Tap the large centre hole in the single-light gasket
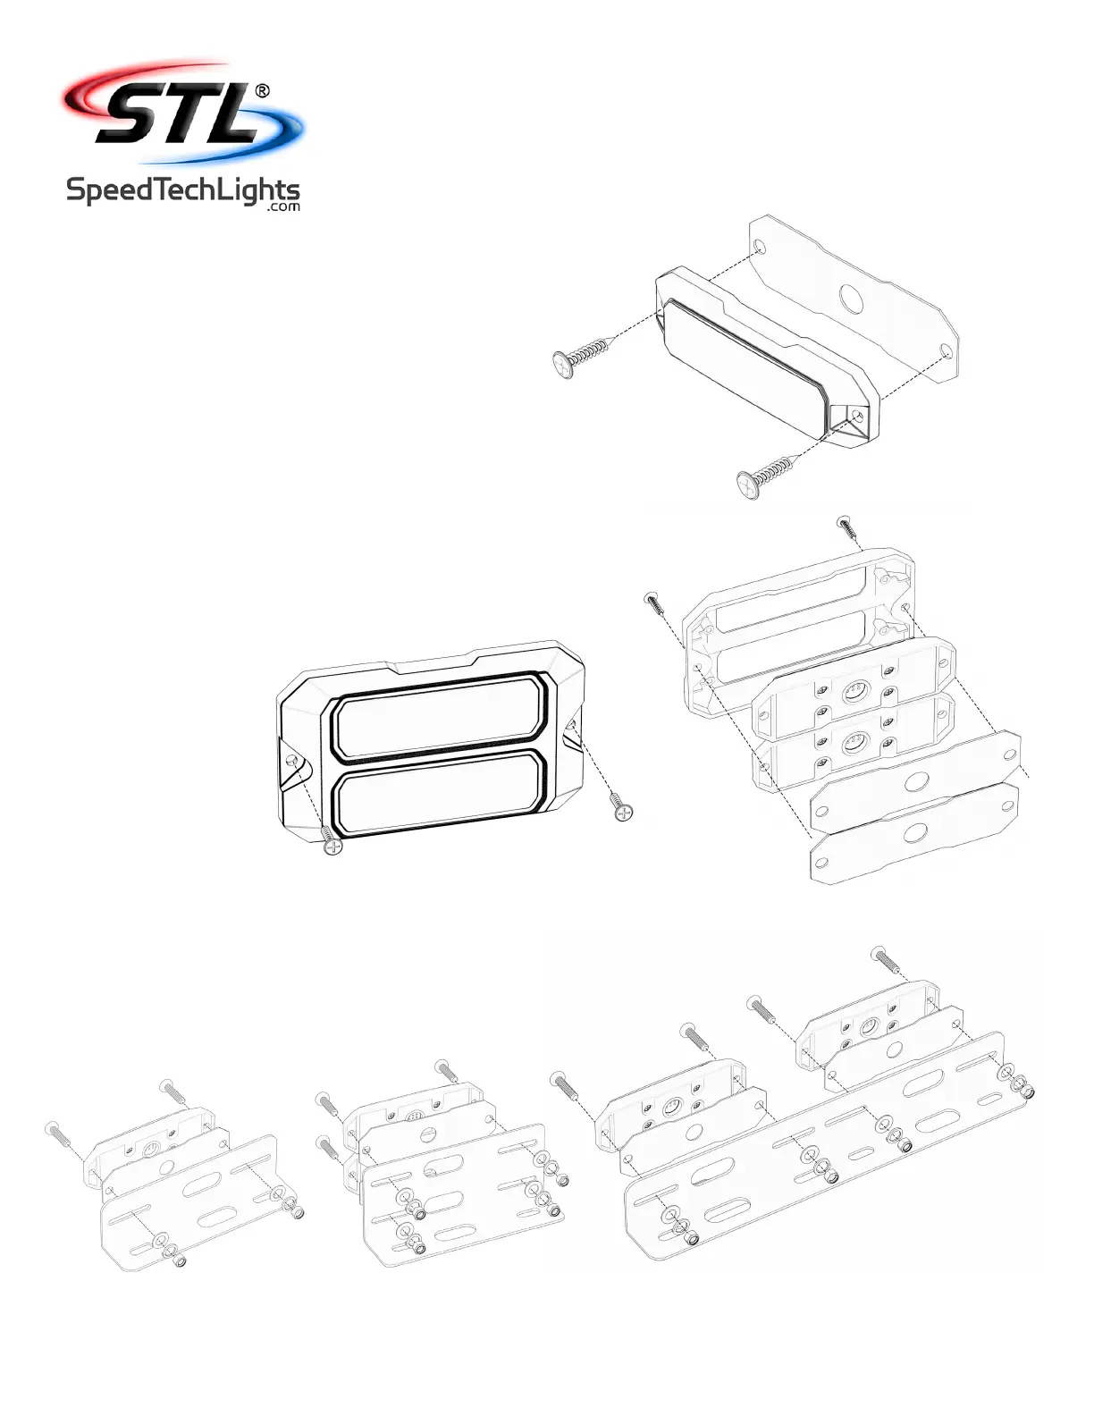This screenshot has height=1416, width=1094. point(849,297)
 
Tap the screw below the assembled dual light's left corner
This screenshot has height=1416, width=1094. point(332,841)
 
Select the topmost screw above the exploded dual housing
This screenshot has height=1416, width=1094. point(848,527)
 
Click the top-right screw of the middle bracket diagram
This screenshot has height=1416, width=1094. point(447,1069)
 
